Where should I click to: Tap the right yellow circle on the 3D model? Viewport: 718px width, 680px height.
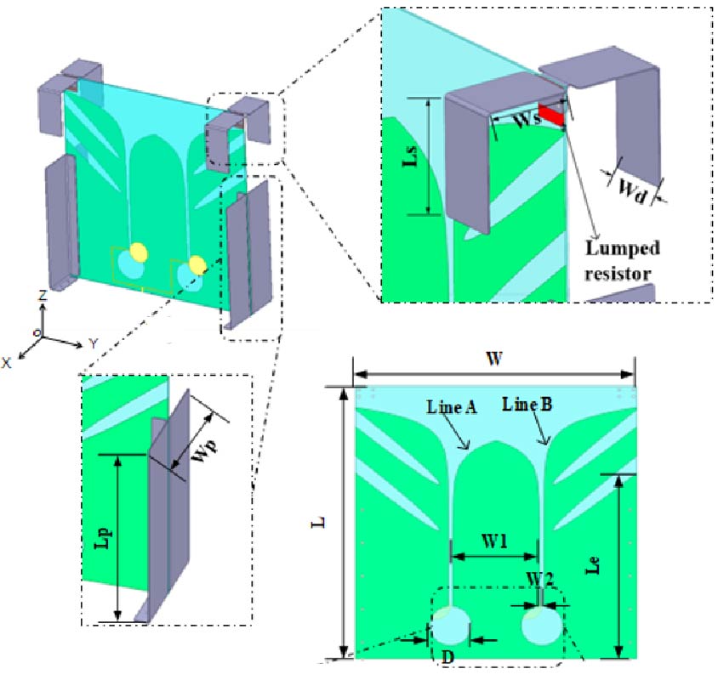pos(197,265)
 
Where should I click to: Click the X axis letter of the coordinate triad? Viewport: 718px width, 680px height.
pos(8,362)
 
